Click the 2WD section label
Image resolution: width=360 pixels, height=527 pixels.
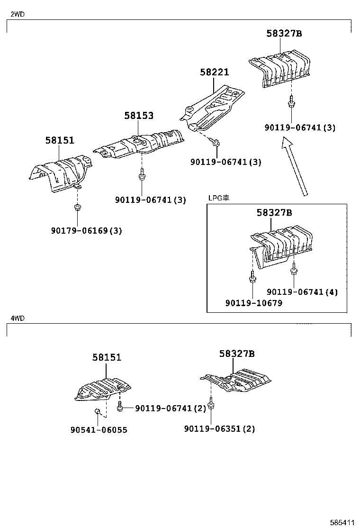coord(18,14)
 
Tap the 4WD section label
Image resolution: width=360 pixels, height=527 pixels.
coord(18,318)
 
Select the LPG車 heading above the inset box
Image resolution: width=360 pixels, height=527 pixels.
coord(219,198)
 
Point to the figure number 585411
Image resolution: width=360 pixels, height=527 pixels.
coord(342,522)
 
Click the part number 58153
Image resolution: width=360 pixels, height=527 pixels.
coord(139,115)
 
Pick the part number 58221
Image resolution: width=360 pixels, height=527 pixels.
coord(214,72)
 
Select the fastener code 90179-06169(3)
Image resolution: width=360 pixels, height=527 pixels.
coord(87,231)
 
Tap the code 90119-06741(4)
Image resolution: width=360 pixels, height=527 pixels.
coord(302,292)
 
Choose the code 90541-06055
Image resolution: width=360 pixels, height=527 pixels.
coord(99,430)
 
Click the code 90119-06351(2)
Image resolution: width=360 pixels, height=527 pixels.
coord(219,429)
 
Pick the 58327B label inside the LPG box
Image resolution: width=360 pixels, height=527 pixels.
coord(274,213)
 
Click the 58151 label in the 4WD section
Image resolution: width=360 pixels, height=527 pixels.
coord(107,357)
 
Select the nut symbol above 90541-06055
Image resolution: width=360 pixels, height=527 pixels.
coord(97,411)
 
